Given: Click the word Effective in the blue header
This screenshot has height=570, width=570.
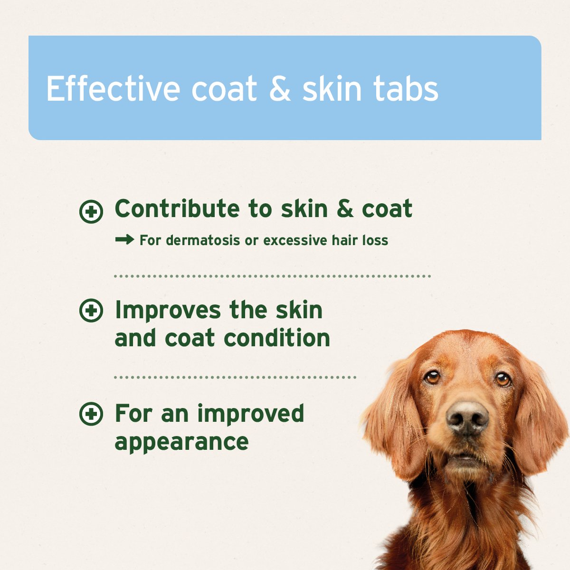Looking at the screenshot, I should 113,88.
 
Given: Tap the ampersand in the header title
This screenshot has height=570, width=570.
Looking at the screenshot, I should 280,89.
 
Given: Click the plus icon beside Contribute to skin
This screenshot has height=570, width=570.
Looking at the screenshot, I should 91,211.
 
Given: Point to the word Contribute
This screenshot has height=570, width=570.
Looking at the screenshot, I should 177,209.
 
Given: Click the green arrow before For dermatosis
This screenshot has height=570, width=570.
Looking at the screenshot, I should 124,240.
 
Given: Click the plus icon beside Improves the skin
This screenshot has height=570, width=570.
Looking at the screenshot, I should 91,311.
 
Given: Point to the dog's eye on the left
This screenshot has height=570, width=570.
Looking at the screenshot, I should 432,377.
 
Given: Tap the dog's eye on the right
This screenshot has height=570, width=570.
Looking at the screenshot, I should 503,379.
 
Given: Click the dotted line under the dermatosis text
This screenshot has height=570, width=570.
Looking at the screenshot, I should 272,275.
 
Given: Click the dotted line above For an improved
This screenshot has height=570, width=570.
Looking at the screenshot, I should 235,378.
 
